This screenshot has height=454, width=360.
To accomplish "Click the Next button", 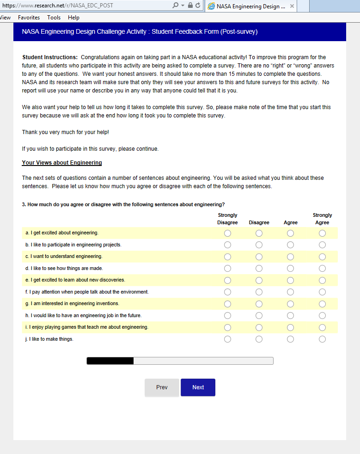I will pos(198,387).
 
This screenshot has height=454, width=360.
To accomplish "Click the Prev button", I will pos(162,387).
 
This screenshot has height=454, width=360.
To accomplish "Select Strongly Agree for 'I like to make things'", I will pos(322,339).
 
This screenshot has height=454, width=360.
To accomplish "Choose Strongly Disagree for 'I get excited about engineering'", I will pos(227,233).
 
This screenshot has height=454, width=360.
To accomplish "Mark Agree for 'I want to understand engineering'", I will pos(290,257).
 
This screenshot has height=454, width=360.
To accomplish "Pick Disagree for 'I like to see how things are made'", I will pos(259,269).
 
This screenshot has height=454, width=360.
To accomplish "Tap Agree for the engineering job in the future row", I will pos(290,316).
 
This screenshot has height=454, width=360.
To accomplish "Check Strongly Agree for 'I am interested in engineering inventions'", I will pos(322,304).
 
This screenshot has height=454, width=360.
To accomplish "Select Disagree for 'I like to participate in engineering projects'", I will pos(259,245).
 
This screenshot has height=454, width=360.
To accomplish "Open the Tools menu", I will pos(54,18).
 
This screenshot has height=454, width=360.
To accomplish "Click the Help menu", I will pos(73,18).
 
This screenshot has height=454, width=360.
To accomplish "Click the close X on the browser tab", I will pos(292,6).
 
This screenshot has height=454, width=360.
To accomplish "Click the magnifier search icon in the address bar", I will pos(175,6).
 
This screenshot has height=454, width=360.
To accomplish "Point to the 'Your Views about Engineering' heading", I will pos(62,163).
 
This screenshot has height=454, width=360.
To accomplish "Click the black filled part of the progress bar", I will pos(110,361).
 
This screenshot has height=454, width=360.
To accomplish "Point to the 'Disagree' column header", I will pos(259,222).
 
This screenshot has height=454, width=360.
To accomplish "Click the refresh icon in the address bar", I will pos(198,6).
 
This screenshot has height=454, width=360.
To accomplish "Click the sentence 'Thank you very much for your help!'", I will pos(66,132).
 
